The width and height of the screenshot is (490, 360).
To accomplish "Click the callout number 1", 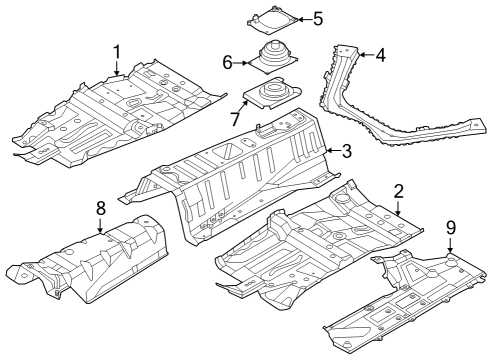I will (117, 51).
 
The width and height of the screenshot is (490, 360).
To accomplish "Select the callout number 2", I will (398, 191).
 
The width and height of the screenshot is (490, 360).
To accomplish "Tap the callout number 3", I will (346, 151).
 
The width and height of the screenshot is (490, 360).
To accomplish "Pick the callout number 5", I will (318, 18).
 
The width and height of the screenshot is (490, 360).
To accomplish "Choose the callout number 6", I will (228, 62).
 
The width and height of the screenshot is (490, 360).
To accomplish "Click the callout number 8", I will (100, 209).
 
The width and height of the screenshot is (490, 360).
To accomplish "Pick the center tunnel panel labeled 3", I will (240, 170).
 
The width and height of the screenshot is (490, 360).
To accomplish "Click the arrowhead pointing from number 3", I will (327, 151).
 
